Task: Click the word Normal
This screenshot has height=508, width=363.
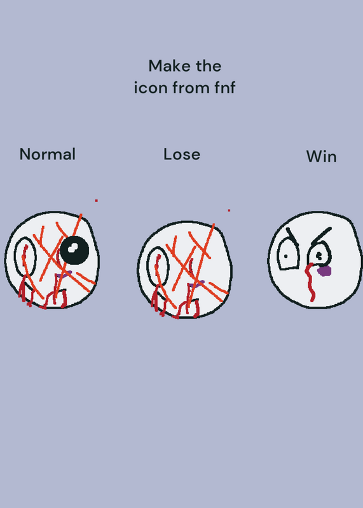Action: pos(48,154)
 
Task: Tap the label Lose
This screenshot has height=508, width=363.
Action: pos(182,154)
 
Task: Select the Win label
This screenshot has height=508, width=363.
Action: pos(321,156)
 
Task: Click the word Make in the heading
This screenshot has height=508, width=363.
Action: pos(167,66)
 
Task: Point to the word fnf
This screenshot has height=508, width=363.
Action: pos(224,88)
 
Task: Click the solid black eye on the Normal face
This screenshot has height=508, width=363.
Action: pos(74,250)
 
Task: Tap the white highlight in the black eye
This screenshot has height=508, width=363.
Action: pos(72,248)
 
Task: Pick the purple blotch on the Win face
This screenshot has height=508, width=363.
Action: pos(324,271)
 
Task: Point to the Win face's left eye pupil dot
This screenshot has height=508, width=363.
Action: pos(285,257)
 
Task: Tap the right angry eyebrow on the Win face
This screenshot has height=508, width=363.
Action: pos(321,236)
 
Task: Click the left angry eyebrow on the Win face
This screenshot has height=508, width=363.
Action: pos(292,236)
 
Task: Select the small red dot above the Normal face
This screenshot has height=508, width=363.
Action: pos(97,201)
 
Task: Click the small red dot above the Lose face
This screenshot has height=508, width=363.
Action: pos(229,210)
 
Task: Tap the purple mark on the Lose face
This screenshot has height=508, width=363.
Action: pos(197,284)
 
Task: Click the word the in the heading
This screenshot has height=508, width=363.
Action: pos(209,66)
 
